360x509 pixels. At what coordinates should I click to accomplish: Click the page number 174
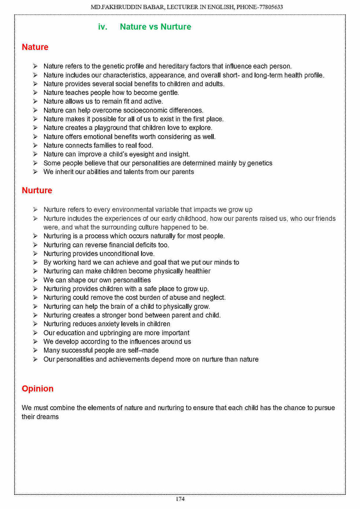click(x=180, y=499)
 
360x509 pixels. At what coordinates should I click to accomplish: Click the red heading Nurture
click(x=37, y=191)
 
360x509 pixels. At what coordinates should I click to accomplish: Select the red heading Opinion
click(x=37, y=389)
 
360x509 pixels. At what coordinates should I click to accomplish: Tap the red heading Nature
click(x=35, y=47)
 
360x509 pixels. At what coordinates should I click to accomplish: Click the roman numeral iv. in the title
click(x=103, y=27)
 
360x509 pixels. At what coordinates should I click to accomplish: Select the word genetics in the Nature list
click(x=260, y=163)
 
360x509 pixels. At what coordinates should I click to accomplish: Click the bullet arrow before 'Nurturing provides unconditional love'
click(x=35, y=254)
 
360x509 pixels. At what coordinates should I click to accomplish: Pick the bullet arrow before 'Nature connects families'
click(x=35, y=145)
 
